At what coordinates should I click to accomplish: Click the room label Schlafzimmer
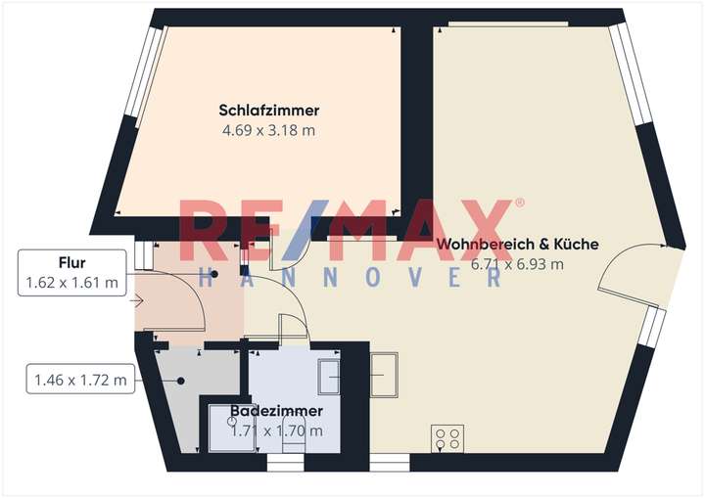269,111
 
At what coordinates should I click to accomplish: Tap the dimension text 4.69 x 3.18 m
269,129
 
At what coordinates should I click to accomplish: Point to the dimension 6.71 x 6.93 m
517,264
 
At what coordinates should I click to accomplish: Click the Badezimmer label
277,412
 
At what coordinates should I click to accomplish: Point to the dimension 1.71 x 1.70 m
277,430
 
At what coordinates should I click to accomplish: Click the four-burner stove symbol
448,437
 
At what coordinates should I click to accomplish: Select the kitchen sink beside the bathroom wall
385,372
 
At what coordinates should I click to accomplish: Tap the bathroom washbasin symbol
328,373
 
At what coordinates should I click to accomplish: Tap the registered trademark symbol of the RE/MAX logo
519,203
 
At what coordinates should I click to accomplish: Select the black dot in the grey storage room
183,380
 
